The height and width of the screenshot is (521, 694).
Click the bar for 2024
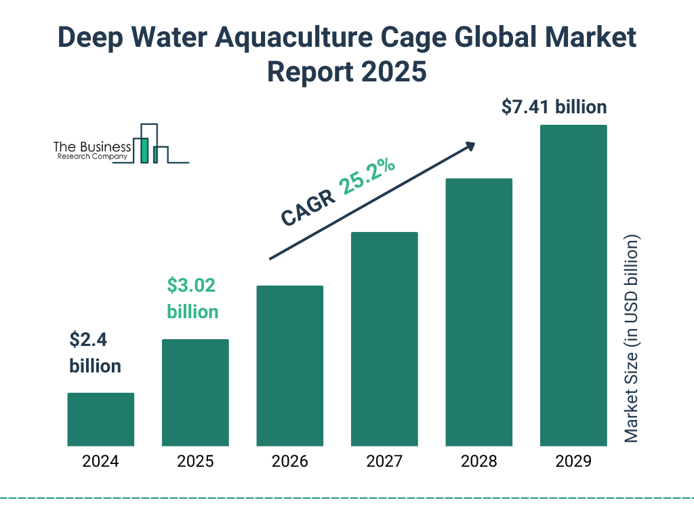tap(100, 419)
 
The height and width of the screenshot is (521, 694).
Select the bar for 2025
tap(195, 392)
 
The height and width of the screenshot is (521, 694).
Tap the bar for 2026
tap(289, 366)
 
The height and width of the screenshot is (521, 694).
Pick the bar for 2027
tap(384, 339)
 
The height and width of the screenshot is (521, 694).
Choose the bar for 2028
tap(478, 312)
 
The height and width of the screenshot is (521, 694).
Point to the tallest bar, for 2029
tap(573, 285)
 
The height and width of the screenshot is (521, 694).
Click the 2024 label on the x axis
tap(100, 462)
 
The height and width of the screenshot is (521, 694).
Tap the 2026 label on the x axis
tap(289, 462)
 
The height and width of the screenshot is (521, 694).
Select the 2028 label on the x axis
tap(478, 462)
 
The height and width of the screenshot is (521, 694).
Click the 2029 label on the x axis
tap(573, 462)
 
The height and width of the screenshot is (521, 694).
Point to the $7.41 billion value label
tap(554, 107)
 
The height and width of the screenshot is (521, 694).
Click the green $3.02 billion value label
tap(192, 298)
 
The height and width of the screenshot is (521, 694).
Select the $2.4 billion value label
tap(95, 353)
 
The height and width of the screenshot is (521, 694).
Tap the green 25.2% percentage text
tap(368, 177)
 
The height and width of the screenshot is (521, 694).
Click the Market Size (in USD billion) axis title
tap(632, 339)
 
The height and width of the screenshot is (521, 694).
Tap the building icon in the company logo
tap(150, 144)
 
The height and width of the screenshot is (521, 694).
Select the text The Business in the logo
tap(92, 147)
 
